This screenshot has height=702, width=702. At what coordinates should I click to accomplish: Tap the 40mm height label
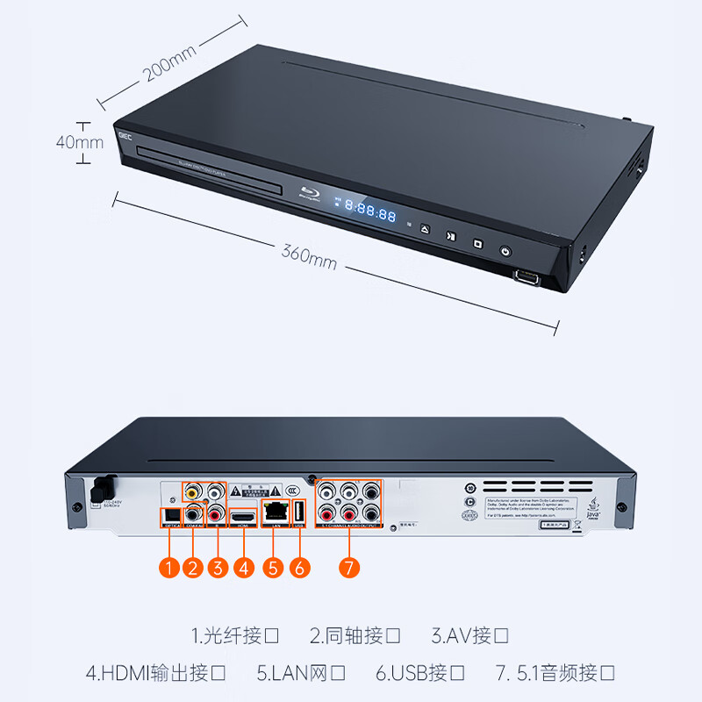tap(79, 142)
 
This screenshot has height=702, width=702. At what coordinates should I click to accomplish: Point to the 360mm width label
tap(309, 254)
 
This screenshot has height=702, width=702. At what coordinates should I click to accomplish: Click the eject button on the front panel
tap(425, 230)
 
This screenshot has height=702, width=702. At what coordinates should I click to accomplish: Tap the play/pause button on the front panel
tap(450, 236)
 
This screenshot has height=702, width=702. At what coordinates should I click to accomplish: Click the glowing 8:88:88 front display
tap(369, 211)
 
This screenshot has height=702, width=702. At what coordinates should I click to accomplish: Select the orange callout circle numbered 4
tap(244, 569)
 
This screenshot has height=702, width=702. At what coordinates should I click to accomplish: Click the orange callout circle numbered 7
tap(348, 569)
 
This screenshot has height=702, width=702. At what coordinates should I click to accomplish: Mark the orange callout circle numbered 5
tap(274, 569)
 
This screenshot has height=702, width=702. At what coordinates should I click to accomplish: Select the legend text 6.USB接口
tap(421, 674)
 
